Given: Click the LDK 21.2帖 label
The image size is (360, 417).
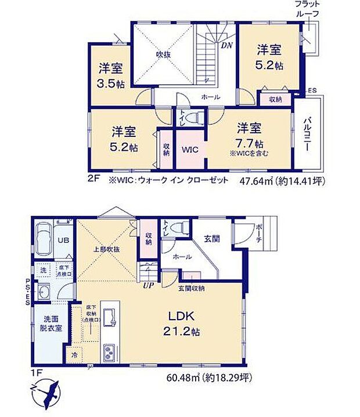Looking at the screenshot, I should coord(185,324).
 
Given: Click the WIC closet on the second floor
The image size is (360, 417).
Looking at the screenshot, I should coord(190,149).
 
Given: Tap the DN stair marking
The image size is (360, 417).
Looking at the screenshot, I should coord(226,44).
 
